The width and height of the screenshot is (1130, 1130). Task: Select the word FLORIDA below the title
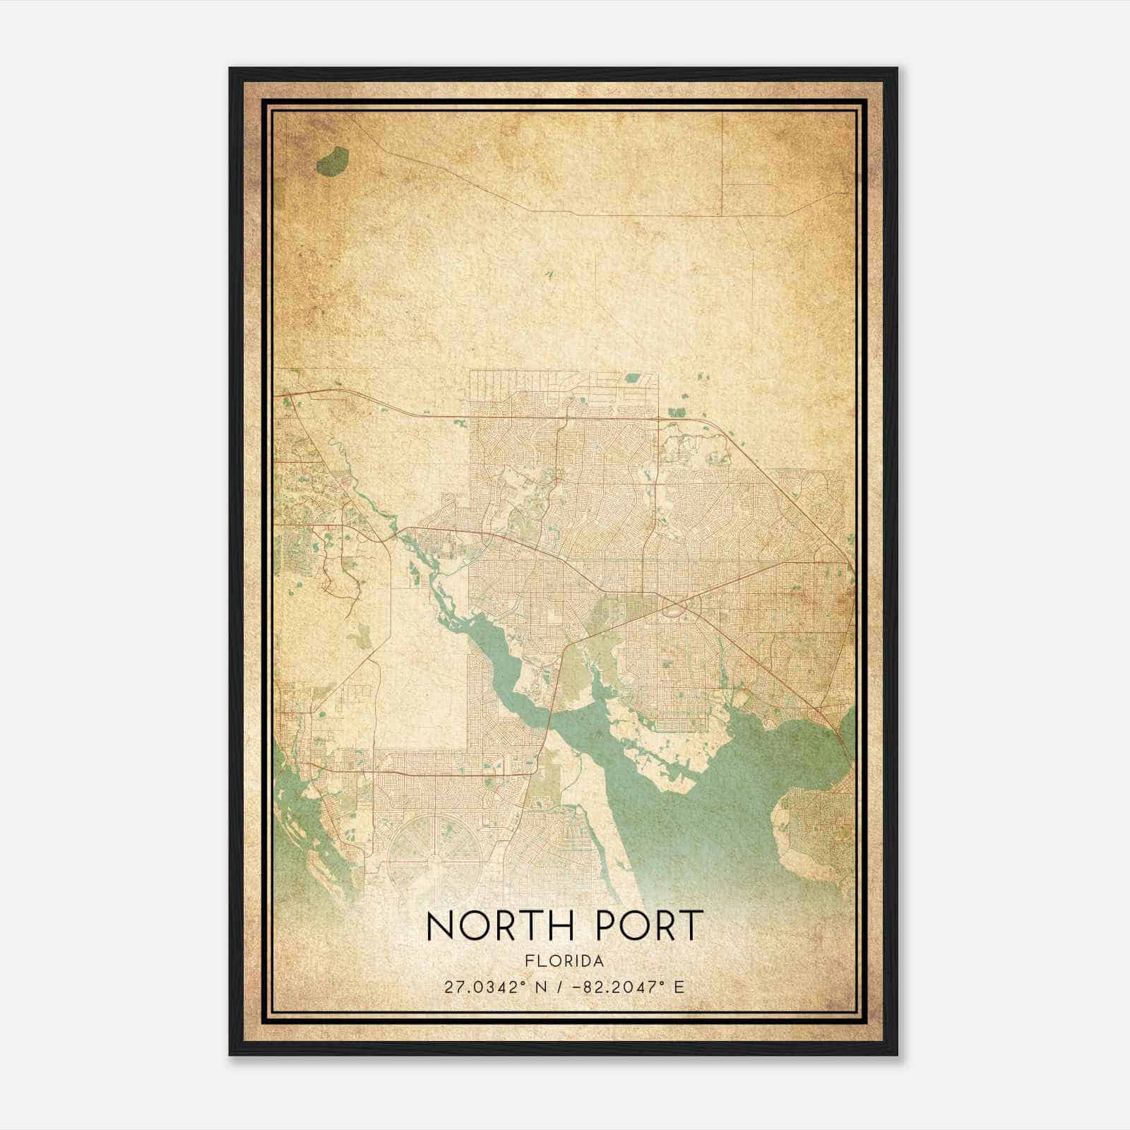click(564, 961)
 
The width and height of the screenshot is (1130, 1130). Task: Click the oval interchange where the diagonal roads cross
click(677, 605)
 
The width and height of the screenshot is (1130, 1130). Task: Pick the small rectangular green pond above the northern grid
click(631, 378)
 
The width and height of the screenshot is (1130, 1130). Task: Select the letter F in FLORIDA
click(530, 961)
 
